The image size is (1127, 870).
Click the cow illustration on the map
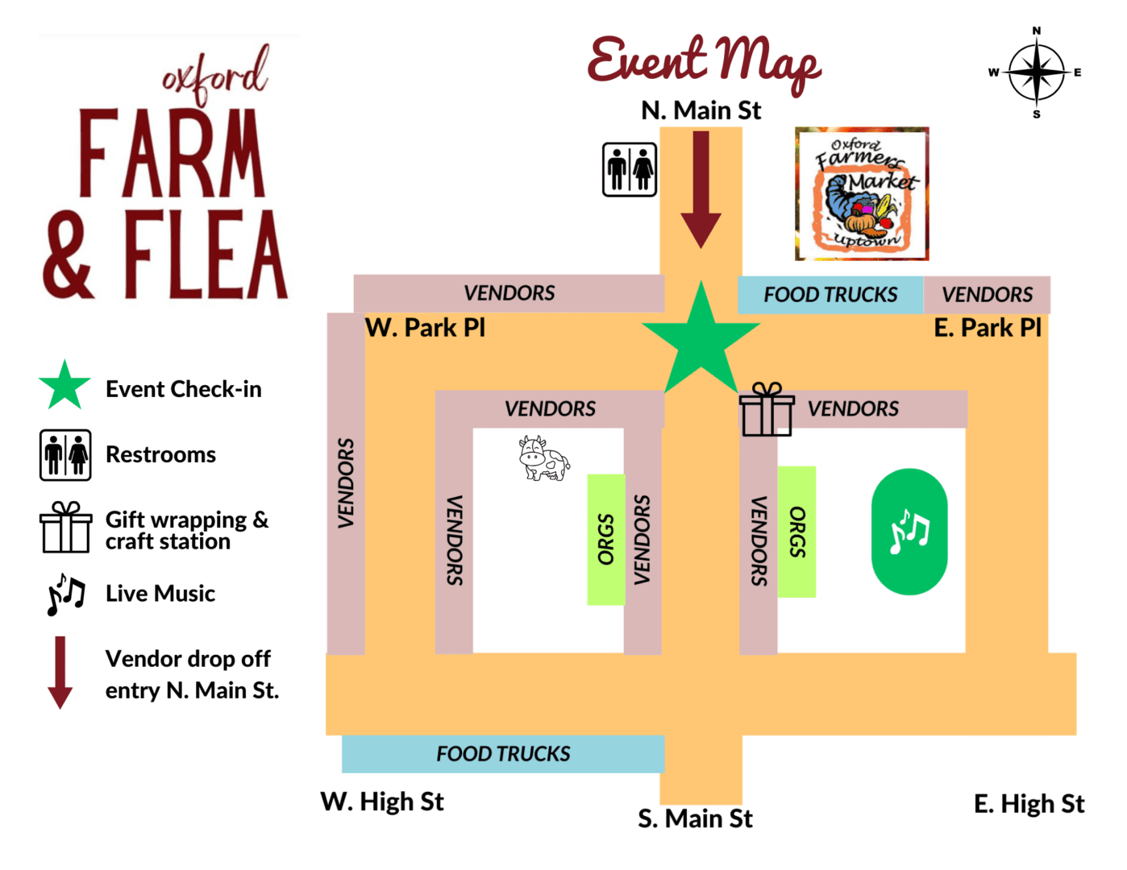click(543, 458)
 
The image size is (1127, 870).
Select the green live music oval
click(909, 532)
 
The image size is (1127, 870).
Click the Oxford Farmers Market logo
click(862, 193)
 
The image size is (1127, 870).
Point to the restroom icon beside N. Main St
click(630, 169)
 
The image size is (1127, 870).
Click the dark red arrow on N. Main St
click(701, 189)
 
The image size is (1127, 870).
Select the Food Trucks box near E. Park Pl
click(830, 295)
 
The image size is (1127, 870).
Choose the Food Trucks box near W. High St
click(503, 754)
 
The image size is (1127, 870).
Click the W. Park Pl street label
click(425, 328)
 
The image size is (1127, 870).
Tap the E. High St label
click(1029, 804)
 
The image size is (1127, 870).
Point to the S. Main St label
click(695, 819)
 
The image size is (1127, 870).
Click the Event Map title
click(704, 61)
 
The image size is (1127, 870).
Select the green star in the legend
click(64, 386)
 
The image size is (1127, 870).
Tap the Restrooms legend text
click(160, 455)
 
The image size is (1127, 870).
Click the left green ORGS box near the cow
click(606, 540)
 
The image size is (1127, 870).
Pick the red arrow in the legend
click(60, 673)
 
